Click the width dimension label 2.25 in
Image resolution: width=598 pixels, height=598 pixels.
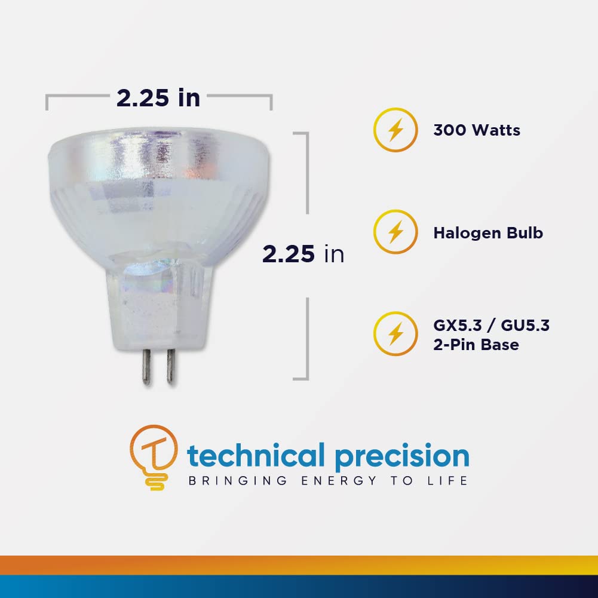point(158,98)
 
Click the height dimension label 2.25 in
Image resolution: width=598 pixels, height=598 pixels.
point(303,254)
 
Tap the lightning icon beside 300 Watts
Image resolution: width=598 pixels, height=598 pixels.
point(394,130)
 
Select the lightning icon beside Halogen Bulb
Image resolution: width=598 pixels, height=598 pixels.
point(394,232)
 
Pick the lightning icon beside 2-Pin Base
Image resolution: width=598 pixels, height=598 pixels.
point(394,334)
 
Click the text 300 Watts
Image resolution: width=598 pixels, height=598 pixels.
point(477,130)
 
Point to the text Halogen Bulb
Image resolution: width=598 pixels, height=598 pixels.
point(488,232)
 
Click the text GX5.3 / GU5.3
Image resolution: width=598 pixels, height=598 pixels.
point(491,326)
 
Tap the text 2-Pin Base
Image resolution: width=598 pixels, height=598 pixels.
point(476,345)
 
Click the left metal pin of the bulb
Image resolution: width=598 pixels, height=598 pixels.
point(147,366)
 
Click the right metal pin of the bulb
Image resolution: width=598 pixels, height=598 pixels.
point(170,366)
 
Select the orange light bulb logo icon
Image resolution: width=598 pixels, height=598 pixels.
point(154,456)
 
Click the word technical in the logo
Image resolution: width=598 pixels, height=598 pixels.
point(256,456)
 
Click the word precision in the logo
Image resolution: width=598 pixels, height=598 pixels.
point(401,456)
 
